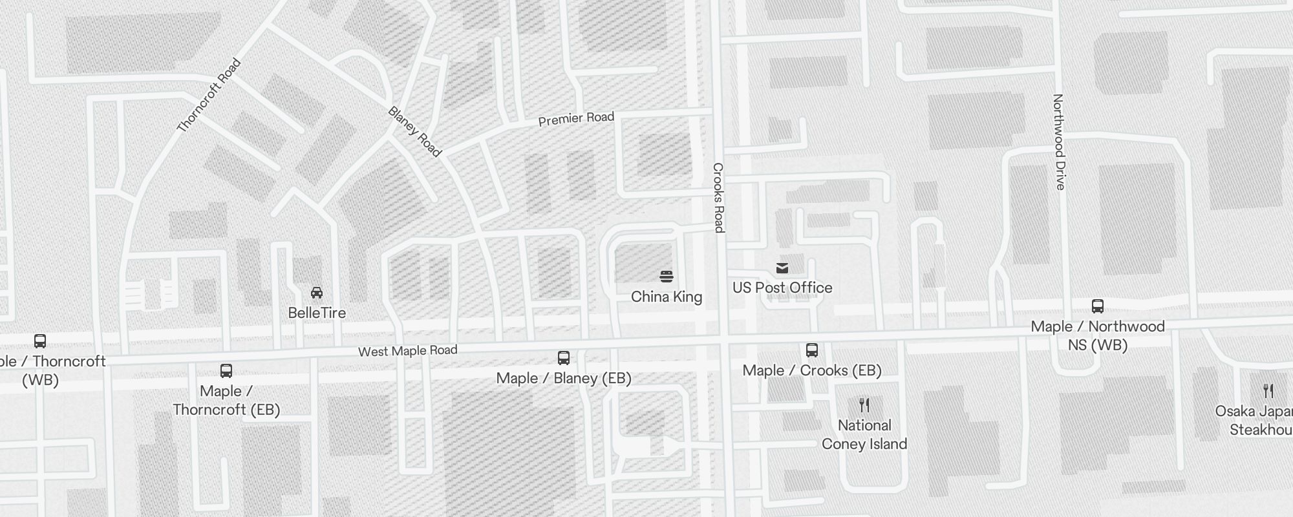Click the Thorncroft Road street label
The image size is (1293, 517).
[209, 96]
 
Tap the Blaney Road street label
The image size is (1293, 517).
[414, 132]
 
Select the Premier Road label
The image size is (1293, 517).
[576, 119]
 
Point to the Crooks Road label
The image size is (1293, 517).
[718, 197]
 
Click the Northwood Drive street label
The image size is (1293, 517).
[1058, 142]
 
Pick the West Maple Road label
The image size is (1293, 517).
[408, 351]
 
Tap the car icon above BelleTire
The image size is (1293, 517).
[317, 293]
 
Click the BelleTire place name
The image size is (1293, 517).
[317, 313]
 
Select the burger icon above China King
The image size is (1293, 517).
[667, 277]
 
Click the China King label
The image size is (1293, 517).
[667, 297]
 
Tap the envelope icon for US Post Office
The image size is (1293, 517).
[782, 268]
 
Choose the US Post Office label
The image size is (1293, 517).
[782, 288]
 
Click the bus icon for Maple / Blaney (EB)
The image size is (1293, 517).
[564, 358]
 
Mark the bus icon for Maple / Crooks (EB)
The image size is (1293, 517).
[812, 350]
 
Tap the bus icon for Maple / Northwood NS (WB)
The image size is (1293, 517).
[1098, 306]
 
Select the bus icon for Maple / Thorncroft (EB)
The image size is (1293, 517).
[226, 371]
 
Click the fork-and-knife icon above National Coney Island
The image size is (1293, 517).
[864, 405]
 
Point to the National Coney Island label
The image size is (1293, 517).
[864, 434]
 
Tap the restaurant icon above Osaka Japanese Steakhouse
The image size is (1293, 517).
[1268, 390]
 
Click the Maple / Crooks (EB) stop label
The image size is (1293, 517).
[812, 370]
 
